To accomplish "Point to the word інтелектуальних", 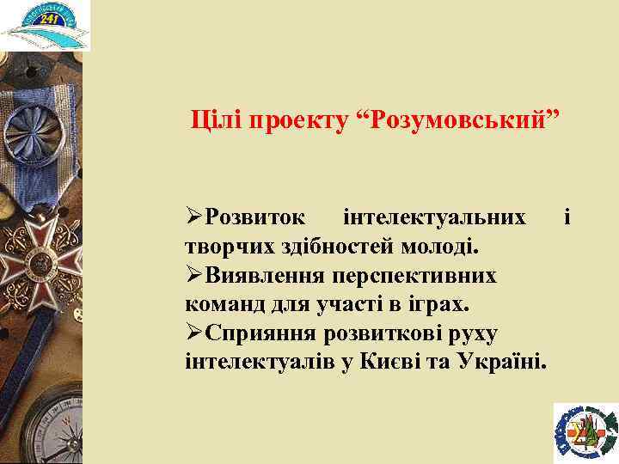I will [x=433, y=217].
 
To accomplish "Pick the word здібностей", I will [x=326, y=247].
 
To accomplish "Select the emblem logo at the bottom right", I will [x=585, y=430].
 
